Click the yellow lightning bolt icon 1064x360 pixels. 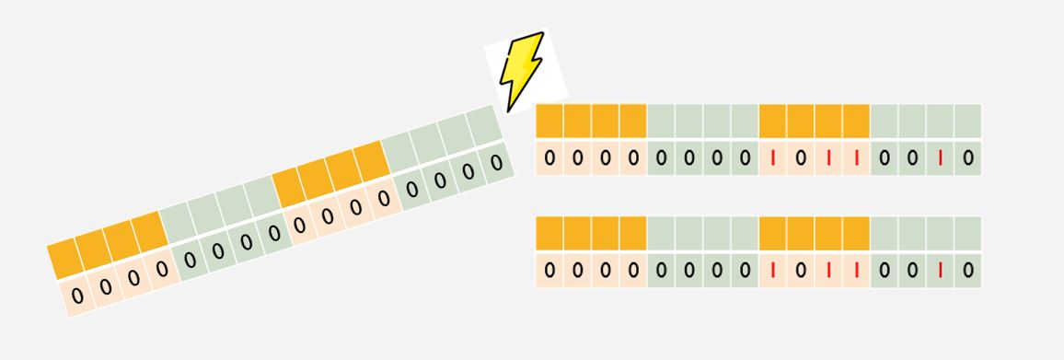click(521, 71)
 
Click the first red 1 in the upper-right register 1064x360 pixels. click(773, 158)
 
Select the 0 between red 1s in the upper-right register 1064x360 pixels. click(801, 158)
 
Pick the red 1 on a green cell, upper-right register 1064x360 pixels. click(940, 158)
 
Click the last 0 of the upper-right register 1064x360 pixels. click(968, 158)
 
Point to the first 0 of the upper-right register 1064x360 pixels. click(549, 158)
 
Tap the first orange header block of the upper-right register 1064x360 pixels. click(549, 121)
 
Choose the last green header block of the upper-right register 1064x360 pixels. click(967, 121)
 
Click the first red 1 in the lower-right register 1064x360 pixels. click(773, 271)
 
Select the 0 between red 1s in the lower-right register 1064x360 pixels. click(801, 271)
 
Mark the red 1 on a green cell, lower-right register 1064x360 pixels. click(940, 271)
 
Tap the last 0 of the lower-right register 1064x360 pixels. click(968, 271)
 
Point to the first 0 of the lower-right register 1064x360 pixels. click(549, 271)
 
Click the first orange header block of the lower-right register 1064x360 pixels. click(549, 233)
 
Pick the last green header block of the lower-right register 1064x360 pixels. click(967, 233)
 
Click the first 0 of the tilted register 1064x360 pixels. click(77, 296)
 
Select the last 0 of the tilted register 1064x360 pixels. click(497, 162)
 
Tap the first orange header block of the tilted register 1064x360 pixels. click(65, 258)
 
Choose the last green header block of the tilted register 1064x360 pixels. click(484, 125)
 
